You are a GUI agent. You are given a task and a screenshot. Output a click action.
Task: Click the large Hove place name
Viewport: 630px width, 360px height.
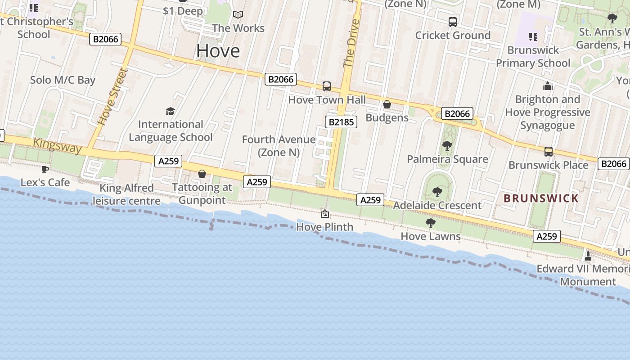tap(218, 51)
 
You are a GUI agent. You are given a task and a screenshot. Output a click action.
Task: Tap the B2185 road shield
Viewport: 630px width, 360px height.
tap(341, 121)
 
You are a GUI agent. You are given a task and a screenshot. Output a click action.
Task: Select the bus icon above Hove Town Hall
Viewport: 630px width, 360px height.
tap(327, 86)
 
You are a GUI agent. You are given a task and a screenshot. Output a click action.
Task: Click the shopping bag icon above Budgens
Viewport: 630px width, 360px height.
tap(387, 104)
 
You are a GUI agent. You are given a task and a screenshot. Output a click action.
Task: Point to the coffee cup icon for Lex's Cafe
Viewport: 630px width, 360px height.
tap(45, 169)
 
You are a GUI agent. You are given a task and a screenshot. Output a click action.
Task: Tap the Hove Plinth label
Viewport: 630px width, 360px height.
tap(324, 227)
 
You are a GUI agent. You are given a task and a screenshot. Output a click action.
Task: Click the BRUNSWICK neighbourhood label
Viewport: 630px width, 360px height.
tap(541, 198)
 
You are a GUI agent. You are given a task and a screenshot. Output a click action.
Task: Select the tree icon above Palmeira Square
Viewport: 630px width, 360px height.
tap(447, 145)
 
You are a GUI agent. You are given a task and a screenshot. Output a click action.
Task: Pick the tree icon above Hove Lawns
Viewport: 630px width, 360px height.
tap(430, 223)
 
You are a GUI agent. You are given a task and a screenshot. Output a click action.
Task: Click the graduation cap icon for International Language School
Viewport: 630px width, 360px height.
tap(170, 111)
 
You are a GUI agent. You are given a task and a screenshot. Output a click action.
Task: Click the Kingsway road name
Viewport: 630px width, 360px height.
tap(58, 145)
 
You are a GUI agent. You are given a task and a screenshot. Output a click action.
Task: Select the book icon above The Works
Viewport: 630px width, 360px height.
tap(238, 15)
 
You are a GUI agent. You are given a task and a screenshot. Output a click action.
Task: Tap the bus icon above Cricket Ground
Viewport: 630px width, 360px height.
tap(453, 22)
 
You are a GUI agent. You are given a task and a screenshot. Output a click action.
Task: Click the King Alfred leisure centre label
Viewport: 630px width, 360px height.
tap(126, 194)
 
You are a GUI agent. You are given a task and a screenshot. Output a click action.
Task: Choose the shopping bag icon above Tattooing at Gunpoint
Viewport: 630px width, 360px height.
tap(202, 174)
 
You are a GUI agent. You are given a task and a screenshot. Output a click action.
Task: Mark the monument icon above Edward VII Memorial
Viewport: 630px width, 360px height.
tap(588, 256)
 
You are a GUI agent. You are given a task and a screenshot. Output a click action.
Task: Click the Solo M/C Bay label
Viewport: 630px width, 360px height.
tap(63, 80)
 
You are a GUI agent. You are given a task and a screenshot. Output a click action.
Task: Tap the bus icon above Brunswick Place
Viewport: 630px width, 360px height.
tap(548, 152)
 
